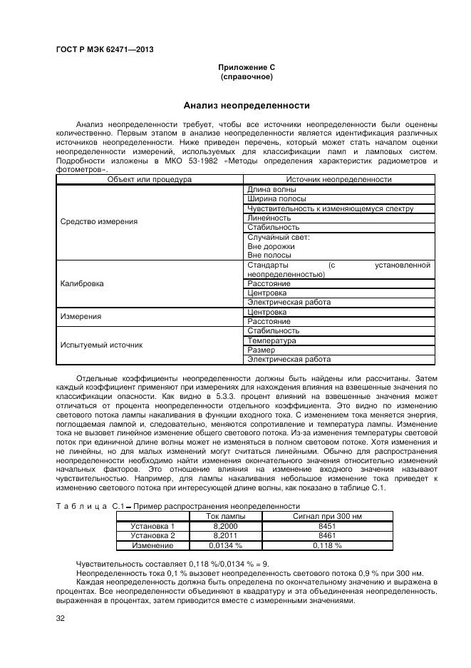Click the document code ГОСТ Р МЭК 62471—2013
coord(104,49)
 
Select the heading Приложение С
coord(247,67)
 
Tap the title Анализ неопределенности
coord(247,106)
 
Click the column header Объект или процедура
coord(150,180)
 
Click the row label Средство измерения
coord(99,222)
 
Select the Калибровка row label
coord(82,283)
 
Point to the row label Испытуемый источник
coord(101,345)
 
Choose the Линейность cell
coord(269,218)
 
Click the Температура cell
coord(271,340)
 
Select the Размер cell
coord(261,350)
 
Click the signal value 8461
coord(328,535)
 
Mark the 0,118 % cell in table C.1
coord(328,545)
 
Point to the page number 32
coord(60,618)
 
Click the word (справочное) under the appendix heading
coord(247,76)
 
